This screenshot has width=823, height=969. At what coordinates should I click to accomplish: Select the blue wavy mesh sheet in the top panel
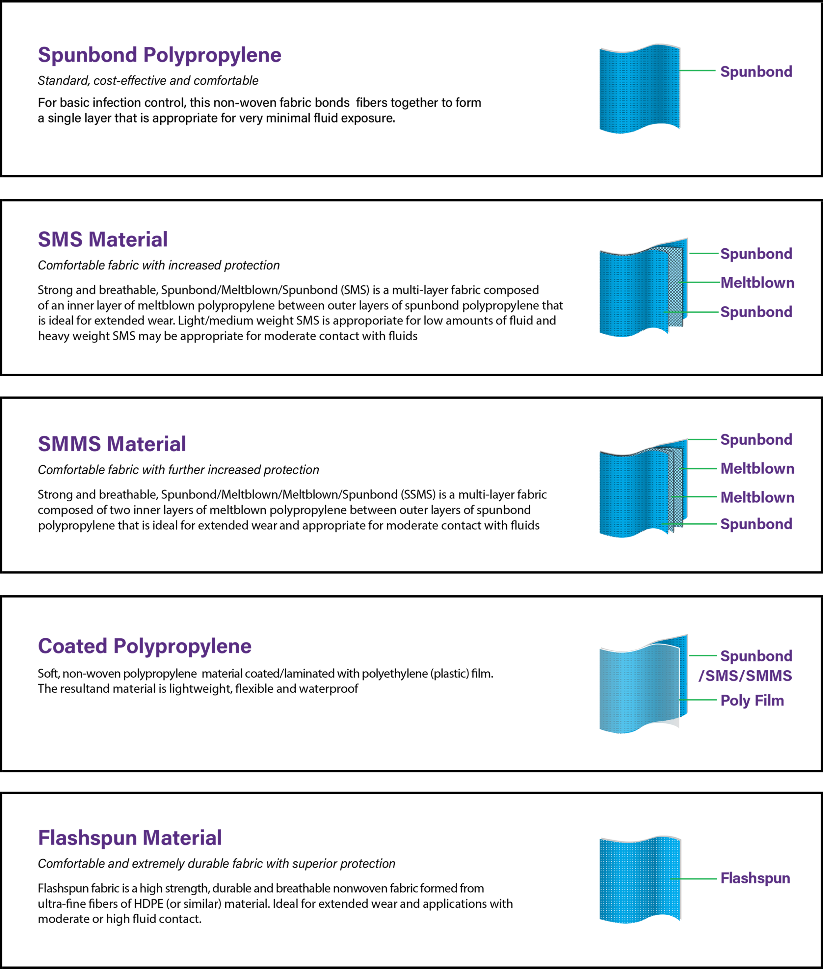(639, 89)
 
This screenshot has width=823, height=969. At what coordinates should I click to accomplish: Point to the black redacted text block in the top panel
(280, 107)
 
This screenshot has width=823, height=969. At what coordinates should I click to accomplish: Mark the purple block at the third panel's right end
(756, 485)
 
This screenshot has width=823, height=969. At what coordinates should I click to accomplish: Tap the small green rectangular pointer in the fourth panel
(703, 699)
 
